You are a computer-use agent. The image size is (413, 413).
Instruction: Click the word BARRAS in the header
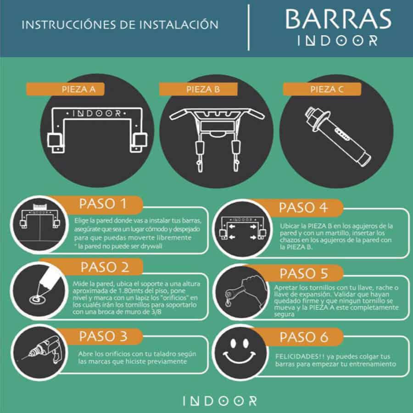(x=338, y=19)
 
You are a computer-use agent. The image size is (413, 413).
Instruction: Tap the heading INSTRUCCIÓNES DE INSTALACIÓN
(x=120, y=25)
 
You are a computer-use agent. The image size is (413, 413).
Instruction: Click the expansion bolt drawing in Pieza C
(x=337, y=136)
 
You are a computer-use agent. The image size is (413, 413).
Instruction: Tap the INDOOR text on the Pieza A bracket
(x=96, y=113)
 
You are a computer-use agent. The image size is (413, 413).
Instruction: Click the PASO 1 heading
(x=103, y=204)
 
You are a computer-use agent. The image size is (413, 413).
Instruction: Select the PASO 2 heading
(x=105, y=267)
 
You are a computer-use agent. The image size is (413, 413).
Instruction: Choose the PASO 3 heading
(x=103, y=336)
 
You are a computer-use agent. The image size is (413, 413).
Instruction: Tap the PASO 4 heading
(x=303, y=207)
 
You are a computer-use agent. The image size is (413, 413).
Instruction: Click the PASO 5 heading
(x=304, y=273)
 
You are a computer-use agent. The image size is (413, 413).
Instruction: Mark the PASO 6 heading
(x=304, y=337)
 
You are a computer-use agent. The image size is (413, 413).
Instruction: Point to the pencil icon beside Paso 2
(x=45, y=286)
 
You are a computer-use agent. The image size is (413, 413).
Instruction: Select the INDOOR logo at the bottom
(x=220, y=401)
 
